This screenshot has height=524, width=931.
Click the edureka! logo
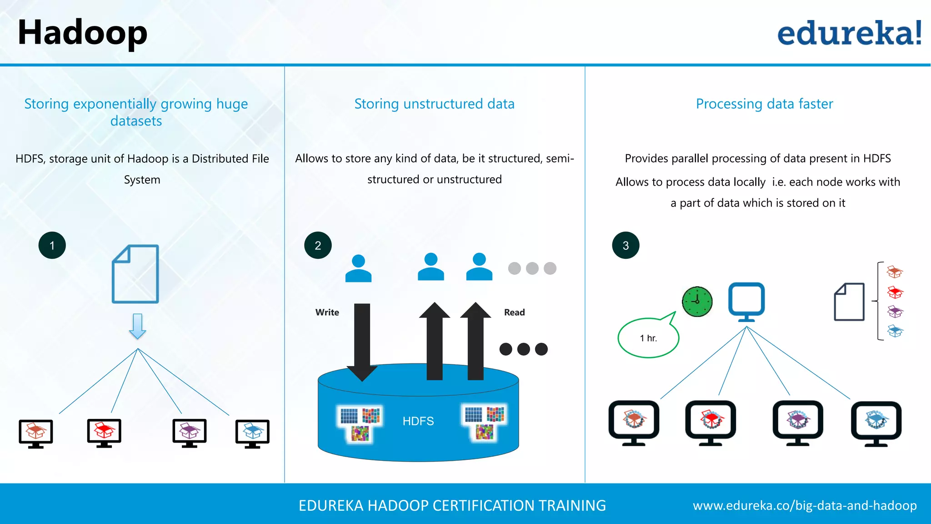click(x=849, y=33)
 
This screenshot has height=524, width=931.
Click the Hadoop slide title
click(x=82, y=33)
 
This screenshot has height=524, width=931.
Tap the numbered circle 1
click(x=52, y=246)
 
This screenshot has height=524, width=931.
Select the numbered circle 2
click(x=318, y=246)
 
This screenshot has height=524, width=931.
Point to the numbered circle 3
click(x=626, y=246)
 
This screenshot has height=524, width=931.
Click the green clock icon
click(x=697, y=301)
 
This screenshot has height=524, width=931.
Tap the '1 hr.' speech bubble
click(x=648, y=338)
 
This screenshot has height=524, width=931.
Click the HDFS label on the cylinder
click(x=418, y=421)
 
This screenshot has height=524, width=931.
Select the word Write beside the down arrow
click(x=327, y=312)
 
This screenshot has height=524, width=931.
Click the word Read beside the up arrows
click(x=514, y=312)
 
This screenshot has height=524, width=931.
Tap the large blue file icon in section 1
click(x=135, y=274)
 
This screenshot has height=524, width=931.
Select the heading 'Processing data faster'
click(x=764, y=104)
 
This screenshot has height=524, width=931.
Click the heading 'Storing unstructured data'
click(x=434, y=104)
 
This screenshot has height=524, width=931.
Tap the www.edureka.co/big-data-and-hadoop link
click(x=805, y=505)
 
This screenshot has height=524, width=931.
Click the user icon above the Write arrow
click(x=358, y=268)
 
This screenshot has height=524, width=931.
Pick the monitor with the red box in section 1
click(x=104, y=433)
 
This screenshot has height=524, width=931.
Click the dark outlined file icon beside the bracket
click(x=849, y=302)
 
